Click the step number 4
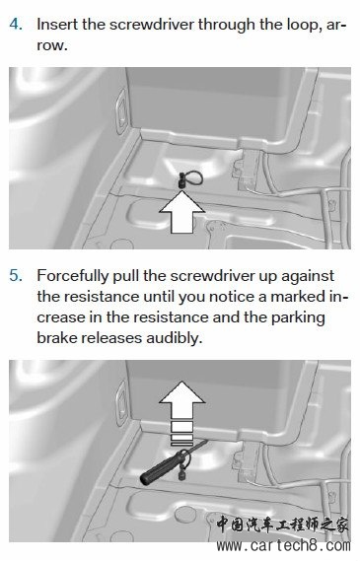tap(16, 25)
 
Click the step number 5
tap(16, 276)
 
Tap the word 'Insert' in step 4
tap(57, 25)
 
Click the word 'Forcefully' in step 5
tap(72, 277)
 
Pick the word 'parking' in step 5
tap(298, 318)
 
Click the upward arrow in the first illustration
tap(182, 212)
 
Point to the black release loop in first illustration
tap(190, 177)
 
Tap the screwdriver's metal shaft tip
tap(206, 442)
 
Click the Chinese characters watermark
tap(282, 525)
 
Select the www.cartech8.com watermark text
tap(283, 546)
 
